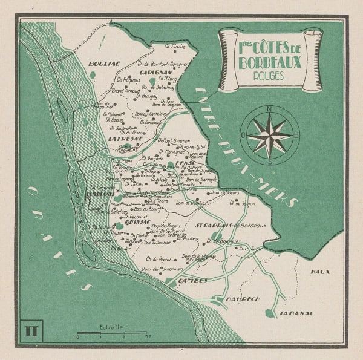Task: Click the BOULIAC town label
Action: (101, 63)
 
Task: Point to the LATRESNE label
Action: (124, 138)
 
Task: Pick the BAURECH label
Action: (242, 299)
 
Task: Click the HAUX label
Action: (321, 272)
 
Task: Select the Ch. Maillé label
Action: (175, 45)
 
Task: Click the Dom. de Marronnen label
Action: (162, 269)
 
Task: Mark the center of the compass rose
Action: (269, 136)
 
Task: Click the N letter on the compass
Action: (269, 110)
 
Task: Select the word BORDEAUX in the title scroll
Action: (270, 61)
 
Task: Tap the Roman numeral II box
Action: (30, 330)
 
